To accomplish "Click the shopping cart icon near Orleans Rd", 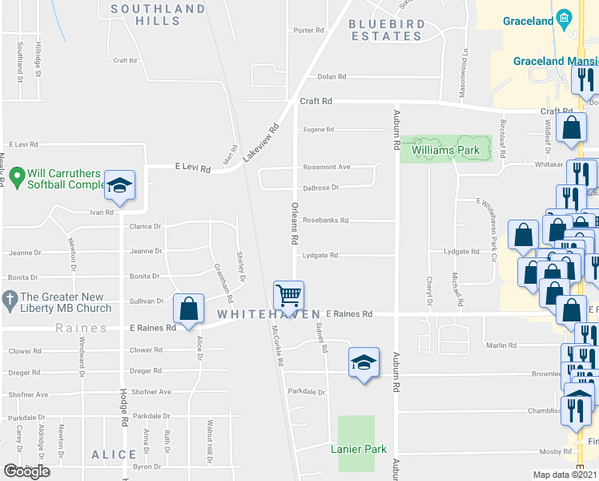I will coord(288,294).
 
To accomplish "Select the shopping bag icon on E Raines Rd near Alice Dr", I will coord(188,309).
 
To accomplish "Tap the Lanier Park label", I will coord(359,449).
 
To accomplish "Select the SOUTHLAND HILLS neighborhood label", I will coord(158,14).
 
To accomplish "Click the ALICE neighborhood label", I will coord(114,455).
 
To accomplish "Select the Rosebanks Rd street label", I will coord(325,220).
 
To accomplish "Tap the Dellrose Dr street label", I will coord(321,188).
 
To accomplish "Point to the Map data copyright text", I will coord(565,475).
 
